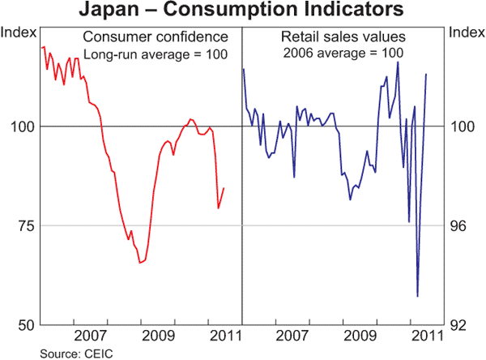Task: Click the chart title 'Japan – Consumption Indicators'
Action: click(243, 11)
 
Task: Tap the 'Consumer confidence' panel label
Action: click(154, 37)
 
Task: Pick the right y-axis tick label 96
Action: click(461, 225)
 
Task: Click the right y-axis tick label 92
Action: click(461, 325)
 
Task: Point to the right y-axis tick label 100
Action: click(463, 126)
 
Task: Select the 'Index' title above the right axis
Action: click(466, 32)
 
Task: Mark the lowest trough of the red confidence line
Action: click(140, 263)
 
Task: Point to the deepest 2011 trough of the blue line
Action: click(418, 297)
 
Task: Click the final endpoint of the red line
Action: click(224, 188)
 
